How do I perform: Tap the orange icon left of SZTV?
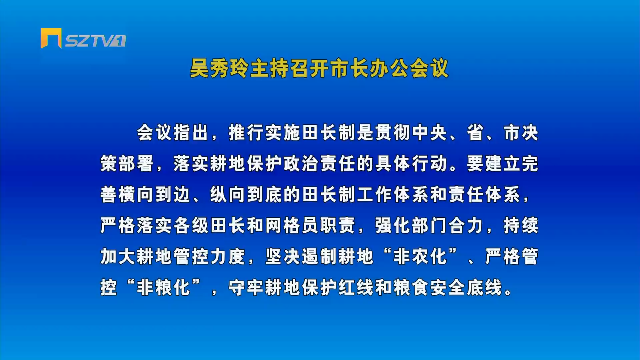coord(51,38)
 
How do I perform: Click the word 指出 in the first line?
coord(191,133)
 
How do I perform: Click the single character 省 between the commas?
coord(475,133)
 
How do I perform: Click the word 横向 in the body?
coord(136,195)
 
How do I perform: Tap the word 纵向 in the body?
coord(228,195)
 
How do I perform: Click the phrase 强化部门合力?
coord(429,225)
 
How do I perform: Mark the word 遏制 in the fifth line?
coord(319,256)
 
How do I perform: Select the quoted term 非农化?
coord(420,256)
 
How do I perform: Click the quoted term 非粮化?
coord(163,287)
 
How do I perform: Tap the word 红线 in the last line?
coord(356,287)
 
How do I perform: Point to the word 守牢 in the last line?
coord(246,287)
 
